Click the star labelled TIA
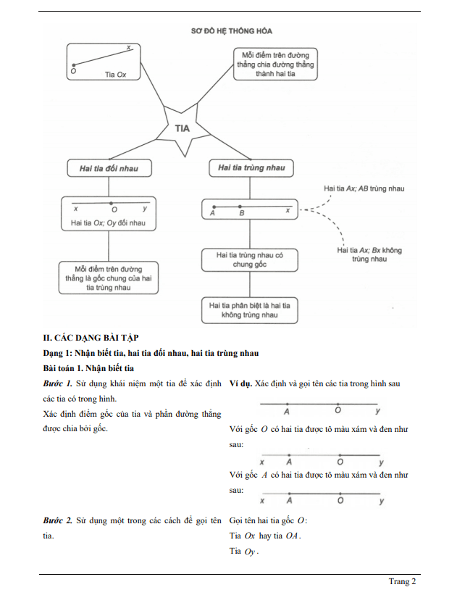182,128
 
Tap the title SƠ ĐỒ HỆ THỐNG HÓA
226,31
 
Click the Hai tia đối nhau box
109,168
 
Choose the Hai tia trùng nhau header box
251,168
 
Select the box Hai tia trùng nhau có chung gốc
250,260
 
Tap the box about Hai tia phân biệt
250,310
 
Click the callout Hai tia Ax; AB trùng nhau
364,188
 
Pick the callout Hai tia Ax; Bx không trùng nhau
369,254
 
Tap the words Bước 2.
58,521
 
